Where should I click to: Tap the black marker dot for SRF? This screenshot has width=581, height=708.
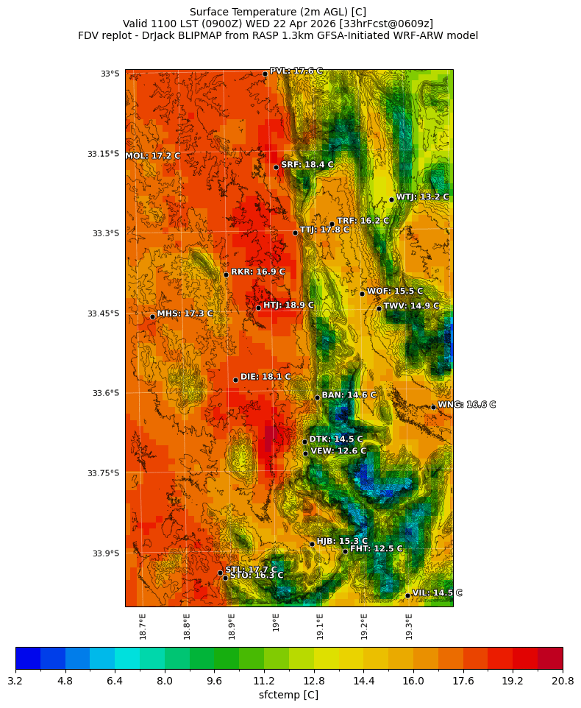point(277,167)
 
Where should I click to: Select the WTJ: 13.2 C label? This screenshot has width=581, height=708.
point(422,197)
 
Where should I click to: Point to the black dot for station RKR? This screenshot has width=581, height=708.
point(226,275)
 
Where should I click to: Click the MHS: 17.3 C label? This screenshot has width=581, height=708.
point(185,314)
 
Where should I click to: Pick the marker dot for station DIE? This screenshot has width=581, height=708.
point(235,380)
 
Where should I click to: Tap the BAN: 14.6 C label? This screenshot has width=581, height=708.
point(349,395)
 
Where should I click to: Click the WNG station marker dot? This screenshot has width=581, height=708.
point(433,407)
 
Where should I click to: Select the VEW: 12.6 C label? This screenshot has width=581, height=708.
point(338,451)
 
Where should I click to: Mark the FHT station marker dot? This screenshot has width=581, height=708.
point(345,551)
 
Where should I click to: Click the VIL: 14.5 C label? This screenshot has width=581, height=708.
point(437,592)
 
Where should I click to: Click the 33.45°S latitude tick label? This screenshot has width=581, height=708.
point(103,314)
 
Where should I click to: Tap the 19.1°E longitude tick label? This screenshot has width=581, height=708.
point(320,626)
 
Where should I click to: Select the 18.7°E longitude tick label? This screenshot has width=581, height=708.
point(143,626)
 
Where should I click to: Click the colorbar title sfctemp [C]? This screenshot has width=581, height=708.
point(288,695)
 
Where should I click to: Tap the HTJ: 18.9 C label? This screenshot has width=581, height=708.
point(288,305)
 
